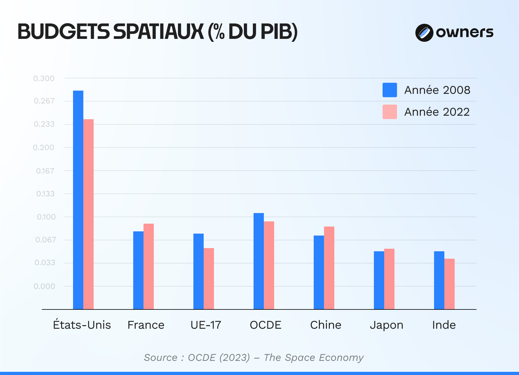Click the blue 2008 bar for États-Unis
tap(78, 199)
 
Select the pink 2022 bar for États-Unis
tap(88, 214)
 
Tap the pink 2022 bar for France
tap(149, 266)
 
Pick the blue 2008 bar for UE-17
tap(199, 271)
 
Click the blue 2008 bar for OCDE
tap(259, 261)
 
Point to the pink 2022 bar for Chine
tap(329, 267)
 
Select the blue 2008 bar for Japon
tap(379, 280)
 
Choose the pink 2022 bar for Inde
tap(449, 283)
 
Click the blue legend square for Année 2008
tap(390, 90)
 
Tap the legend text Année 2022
tap(437, 112)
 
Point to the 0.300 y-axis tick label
tap(44, 78)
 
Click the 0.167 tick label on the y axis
tap(45, 171)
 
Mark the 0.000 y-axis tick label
tap(44, 286)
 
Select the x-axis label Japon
tap(386, 325)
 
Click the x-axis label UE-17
tap(206, 325)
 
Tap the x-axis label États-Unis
tap(82, 325)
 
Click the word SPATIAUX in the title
tap(159, 32)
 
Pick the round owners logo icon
tap(424, 32)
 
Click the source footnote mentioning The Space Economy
tap(254, 358)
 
